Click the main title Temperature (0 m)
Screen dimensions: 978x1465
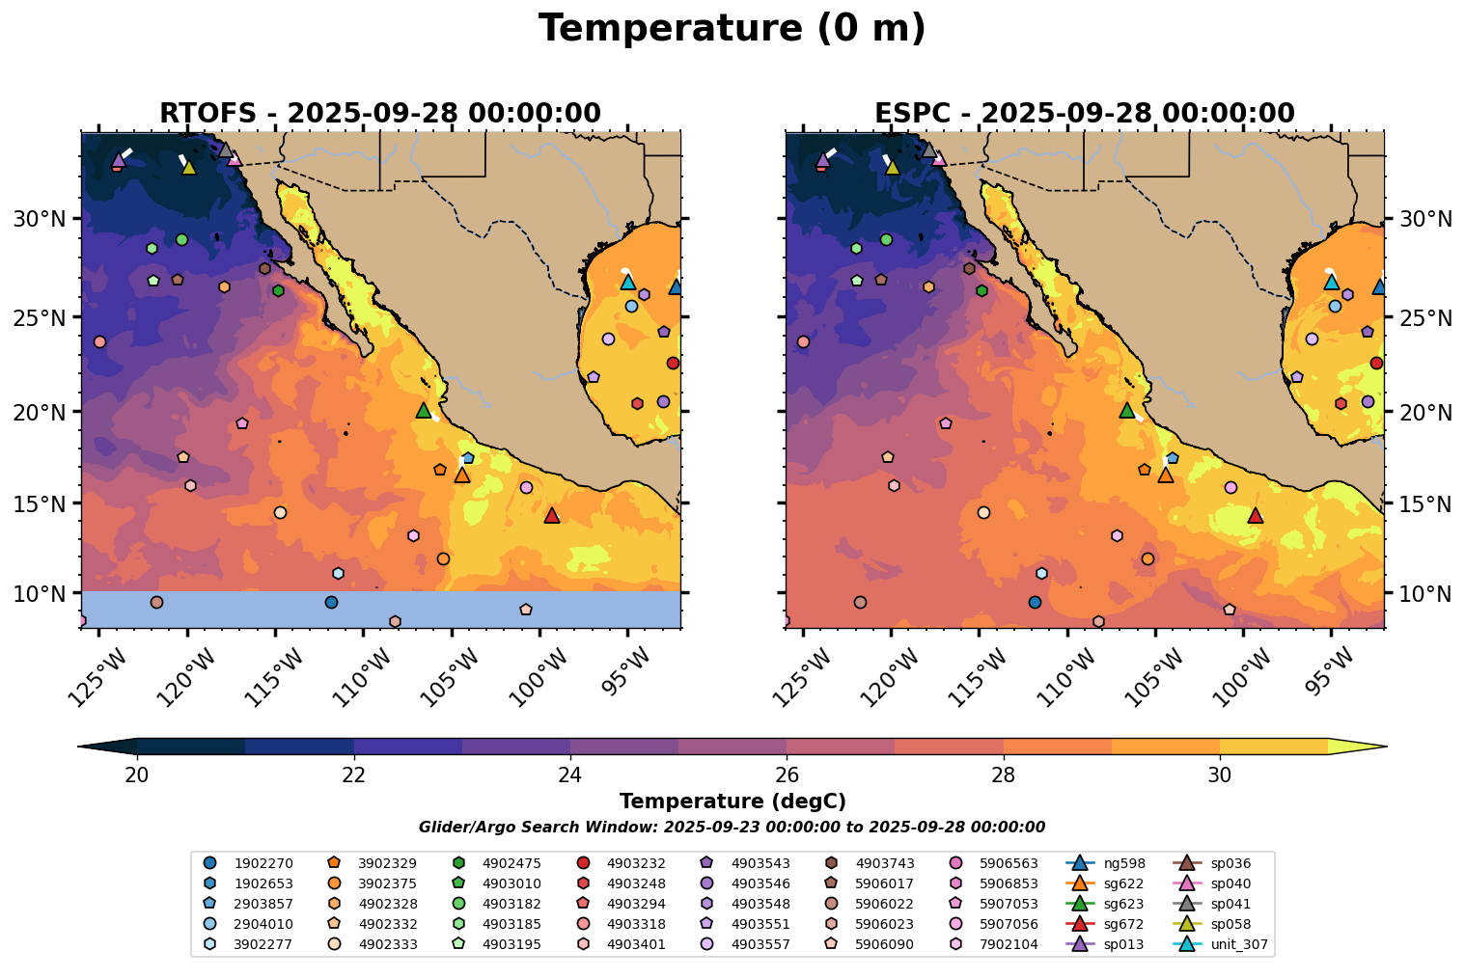[x=732, y=29]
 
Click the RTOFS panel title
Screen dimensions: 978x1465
[x=380, y=114]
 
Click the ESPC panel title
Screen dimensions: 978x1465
[x=1084, y=114]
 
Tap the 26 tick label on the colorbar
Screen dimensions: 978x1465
[x=787, y=775]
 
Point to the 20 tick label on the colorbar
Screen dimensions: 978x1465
[x=137, y=775]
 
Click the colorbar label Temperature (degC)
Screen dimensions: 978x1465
[x=732, y=801]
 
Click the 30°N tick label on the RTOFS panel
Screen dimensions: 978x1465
[x=40, y=219]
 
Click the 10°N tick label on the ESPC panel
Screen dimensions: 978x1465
[x=1424, y=593]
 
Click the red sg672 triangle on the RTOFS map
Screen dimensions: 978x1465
[x=552, y=516]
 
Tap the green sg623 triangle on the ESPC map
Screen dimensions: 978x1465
[x=1126, y=411]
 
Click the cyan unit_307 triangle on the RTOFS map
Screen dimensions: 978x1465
[x=628, y=282]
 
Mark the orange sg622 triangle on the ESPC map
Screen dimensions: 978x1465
[x=1166, y=475]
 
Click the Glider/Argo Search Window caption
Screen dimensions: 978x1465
[x=732, y=828]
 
